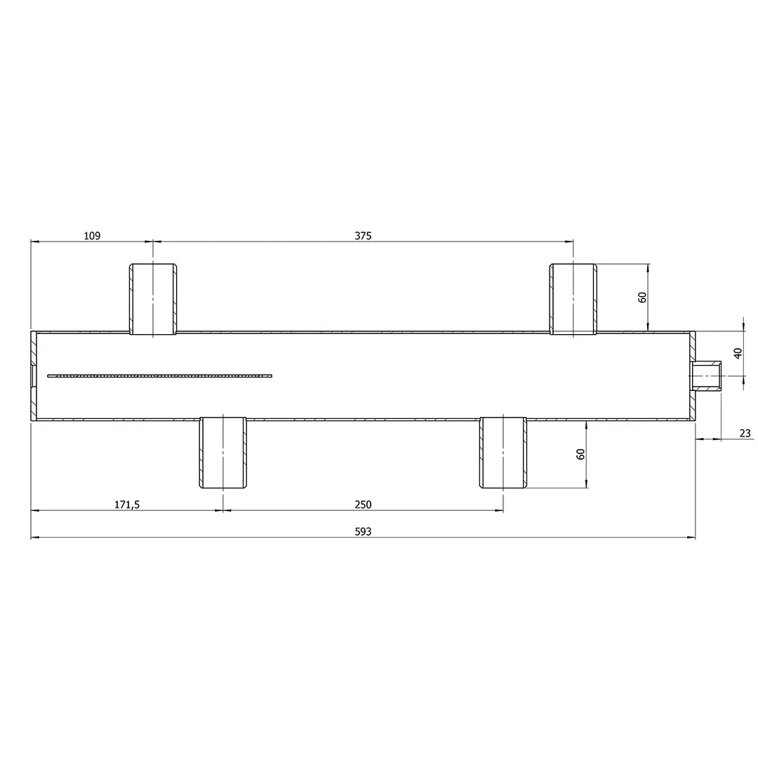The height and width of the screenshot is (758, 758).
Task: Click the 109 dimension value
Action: pyautogui.click(x=92, y=236)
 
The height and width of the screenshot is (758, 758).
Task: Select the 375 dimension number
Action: pyautogui.click(x=363, y=236)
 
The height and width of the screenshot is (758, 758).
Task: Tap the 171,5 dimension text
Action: pyautogui.click(x=126, y=505)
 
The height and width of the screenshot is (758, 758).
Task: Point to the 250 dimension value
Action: pyautogui.click(x=363, y=505)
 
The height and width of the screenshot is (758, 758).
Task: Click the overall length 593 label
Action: pyautogui.click(x=363, y=532)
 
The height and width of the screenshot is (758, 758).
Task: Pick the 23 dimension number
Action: pyautogui.click(x=745, y=433)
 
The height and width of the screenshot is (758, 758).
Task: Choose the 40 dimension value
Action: pyautogui.click(x=738, y=353)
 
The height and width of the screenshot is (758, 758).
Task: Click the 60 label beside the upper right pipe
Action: pyautogui.click(x=642, y=298)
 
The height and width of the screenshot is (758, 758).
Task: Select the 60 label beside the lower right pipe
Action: pyautogui.click(x=580, y=454)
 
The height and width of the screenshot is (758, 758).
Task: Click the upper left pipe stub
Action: pyautogui.click(x=153, y=299)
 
